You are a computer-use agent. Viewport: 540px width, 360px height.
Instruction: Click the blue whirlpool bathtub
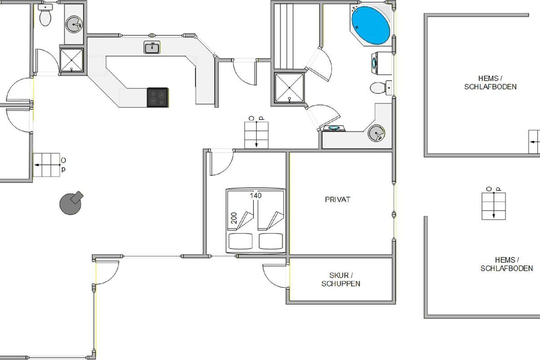[370, 26]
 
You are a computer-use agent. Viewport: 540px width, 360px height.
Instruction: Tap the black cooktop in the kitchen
[157, 97]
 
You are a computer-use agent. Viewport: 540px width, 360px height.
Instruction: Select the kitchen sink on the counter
[152, 47]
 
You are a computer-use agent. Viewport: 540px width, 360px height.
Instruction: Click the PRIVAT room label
[337, 199]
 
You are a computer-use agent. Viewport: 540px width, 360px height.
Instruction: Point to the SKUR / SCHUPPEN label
[341, 279]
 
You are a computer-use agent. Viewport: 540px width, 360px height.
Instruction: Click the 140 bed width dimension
[256, 195]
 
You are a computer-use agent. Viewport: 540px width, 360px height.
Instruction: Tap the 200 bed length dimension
[234, 218]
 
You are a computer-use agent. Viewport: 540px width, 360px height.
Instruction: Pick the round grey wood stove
[71, 203]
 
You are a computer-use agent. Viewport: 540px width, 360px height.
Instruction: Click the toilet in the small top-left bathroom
[45, 15]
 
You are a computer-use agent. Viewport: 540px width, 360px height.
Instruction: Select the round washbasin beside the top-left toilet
[74, 24]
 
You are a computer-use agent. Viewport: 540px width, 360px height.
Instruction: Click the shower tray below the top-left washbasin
[72, 60]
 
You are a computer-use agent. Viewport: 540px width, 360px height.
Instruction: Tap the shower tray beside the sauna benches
[289, 88]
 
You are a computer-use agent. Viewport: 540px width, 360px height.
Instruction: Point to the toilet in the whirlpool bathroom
[381, 88]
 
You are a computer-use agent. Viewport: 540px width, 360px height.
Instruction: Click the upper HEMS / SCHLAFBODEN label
[490, 82]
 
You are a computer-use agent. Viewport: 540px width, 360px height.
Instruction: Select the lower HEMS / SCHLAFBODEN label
[507, 264]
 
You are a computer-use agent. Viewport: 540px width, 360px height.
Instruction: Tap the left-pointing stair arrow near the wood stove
[48, 165]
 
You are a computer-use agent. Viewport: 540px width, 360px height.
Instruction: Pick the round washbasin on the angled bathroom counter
[376, 133]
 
